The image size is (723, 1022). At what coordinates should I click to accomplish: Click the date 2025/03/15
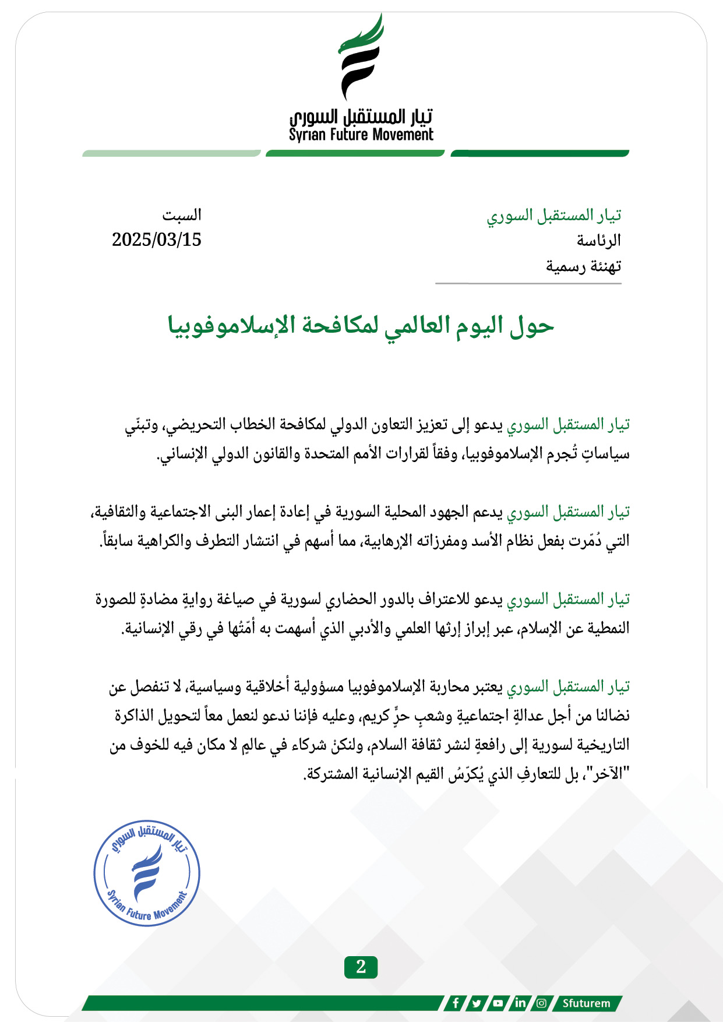tap(156, 239)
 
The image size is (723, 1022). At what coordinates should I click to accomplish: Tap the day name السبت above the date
tap(182, 215)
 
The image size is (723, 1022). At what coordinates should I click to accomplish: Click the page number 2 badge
tap(361, 967)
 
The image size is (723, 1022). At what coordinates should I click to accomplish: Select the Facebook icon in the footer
tap(456, 1003)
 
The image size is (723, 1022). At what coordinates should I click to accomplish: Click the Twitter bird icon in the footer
tap(477, 1003)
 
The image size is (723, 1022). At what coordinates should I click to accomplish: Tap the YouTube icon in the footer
tap(498, 1003)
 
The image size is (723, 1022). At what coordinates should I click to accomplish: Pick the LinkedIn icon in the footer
tap(520, 1003)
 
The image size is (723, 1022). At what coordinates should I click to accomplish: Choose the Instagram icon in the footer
tap(541, 1003)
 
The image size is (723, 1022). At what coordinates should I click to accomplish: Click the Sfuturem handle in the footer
tap(586, 1003)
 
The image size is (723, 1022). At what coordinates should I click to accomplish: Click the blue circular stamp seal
tap(147, 872)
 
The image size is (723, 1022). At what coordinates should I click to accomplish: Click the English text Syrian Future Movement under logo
tap(361, 135)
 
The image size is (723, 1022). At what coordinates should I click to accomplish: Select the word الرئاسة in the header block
tap(599, 240)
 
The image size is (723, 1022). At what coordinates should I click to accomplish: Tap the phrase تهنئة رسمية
tap(583, 266)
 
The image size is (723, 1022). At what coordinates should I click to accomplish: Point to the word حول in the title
tap(531, 325)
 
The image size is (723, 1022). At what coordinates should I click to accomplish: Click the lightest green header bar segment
tap(171, 153)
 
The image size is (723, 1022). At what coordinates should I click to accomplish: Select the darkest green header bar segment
tap(539, 153)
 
